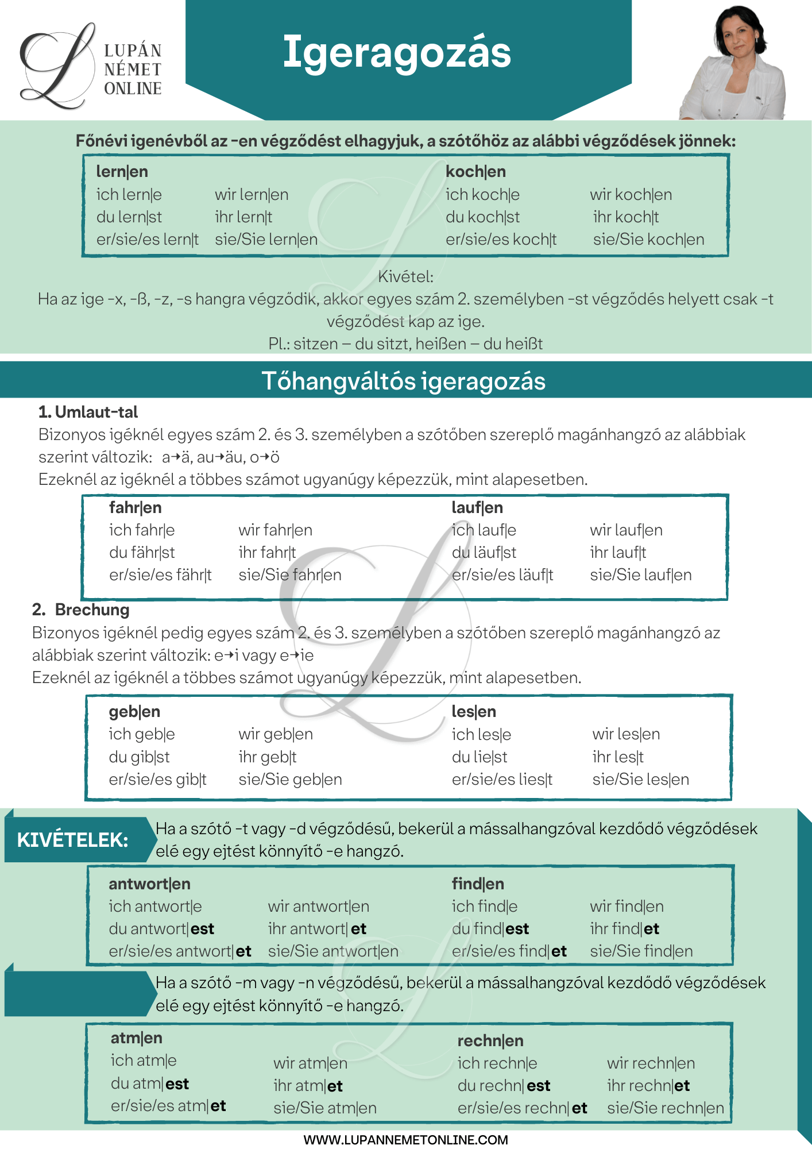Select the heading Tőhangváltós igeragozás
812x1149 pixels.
(x=403, y=381)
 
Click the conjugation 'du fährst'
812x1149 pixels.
(x=142, y=553)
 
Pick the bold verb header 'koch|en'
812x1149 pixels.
(x=475, y=171)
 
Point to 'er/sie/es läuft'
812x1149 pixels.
(x=502, y=575)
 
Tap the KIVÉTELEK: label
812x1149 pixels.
(x=72, y=840)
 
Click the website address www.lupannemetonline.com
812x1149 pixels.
(x=405, y=1140)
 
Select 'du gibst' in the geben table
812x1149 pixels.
(x=139, y=757)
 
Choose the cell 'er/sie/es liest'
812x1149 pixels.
(x=502, y=780)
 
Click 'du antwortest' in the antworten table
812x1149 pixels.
(x=161, y=929)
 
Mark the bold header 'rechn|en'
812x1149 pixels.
(x=490, y=1040)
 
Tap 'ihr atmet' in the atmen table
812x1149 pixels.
(x=308, y=1086)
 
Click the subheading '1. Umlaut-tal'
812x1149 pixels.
(x=88, y=412)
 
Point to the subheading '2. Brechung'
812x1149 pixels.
(x=81, y=610)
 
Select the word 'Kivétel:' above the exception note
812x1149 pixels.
(x=405, y=277)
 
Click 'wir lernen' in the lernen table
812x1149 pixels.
(x=252, y=195)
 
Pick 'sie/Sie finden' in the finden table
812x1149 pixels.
(x=641, y=951)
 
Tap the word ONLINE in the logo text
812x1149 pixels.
(x=133, y=88)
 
